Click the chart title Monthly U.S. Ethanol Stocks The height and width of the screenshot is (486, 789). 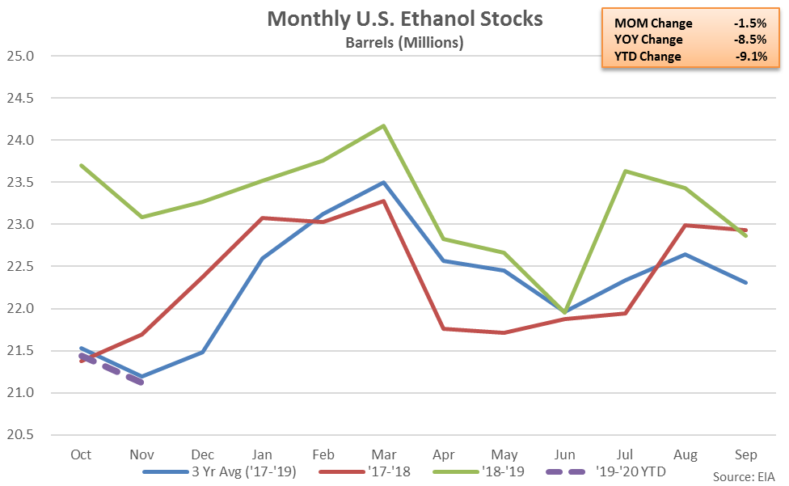(x=405, y=19)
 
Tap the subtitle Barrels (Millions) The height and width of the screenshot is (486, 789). (x=405, y=43)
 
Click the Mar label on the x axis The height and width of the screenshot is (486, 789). (x=383, y=453)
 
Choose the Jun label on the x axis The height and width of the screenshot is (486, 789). (x=564, y=453)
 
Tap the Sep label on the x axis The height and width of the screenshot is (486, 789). (x=745, y=453)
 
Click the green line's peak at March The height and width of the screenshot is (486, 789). (x=383, y=125)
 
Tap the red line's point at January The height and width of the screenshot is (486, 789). (x=263, y=218)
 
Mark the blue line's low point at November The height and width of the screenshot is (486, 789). (x=142, y=377)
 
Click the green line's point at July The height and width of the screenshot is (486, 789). (x=625, y=171)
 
